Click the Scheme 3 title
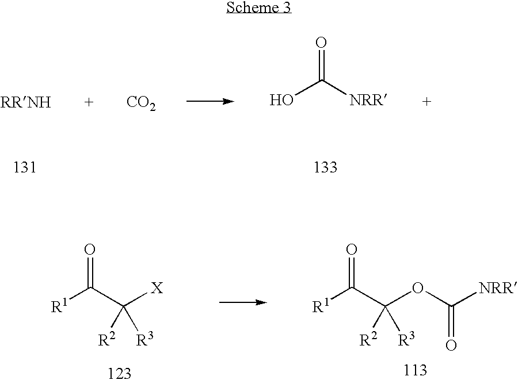(x=258, y=7)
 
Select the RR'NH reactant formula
(x=26, y=102)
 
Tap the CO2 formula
(x=141, y=103)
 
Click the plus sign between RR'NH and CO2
(x=89, y=102)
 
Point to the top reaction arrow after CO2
(x=211, y=101)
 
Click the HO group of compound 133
(x=281, y=100)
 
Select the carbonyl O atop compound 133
(x=321, y=43)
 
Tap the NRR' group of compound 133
(x=368, y=100)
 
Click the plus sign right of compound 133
(x=426, y=101)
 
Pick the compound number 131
(x=24, y=167)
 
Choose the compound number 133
(x=325, y=167)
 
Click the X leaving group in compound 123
(x=157, y=288)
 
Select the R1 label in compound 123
(x=59, y=306)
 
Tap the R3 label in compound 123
(x=145, y=339)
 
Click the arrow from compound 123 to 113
(x=243, y=302)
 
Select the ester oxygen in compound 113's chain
(x=418, y=288)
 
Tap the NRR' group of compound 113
(x=497, y=288)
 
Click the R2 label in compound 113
(x=368, y=339)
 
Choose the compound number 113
(x=415, y=370)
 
